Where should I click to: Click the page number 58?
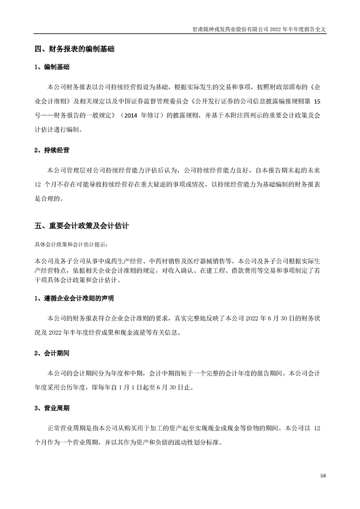tap(323, 475)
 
